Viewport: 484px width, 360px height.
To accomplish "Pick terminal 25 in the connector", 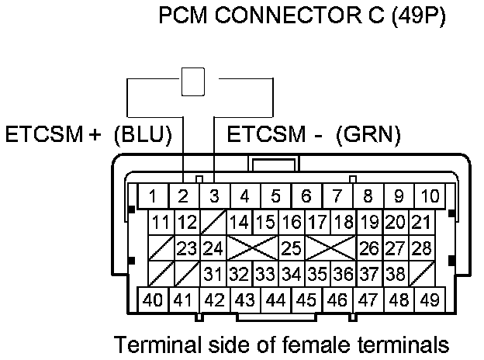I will click(x=291, y=249).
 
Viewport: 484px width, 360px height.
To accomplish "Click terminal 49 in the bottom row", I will click(x=427, y=299).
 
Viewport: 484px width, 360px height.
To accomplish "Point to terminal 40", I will click(x=154, y=299).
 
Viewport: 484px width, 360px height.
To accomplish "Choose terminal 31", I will click(x=213, y=274).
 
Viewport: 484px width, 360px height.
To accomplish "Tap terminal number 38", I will click(x=396, y=274).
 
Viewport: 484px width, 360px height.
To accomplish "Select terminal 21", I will click(x=422, y=223).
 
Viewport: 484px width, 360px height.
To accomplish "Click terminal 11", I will click(x=160, y=223).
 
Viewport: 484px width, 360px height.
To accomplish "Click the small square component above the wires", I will click(x=192, y=81).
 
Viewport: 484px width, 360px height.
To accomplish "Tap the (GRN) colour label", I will click(x=368, y=135).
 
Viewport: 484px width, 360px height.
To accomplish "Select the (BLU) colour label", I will click(x=142, y=135).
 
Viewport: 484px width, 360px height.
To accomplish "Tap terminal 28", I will click(x=422, y=249).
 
